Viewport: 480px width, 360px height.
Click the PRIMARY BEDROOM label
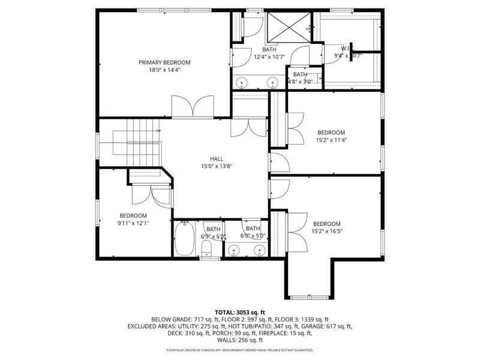pyautogui.click(x=164, y=62)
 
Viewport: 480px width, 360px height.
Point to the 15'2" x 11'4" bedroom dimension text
pyautogui.click(x=331, y=140)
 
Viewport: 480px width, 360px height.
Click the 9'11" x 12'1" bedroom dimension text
pyautogui.click(x=133, y=223)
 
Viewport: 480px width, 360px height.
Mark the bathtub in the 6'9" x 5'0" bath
pyautogui.click(x=185, y=239)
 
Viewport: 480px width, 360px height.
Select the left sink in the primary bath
pyautogui.click(x=244, y=82)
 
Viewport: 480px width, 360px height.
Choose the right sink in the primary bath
pyautogui.click(x=274, y=82)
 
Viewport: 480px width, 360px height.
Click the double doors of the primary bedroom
pyautogui.click(x=191, y=107)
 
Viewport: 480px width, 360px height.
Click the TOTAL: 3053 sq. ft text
pyautogui.click(x=239, y=313)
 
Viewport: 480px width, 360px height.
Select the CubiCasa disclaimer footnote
pyautogui.click(x=239, y=350)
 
